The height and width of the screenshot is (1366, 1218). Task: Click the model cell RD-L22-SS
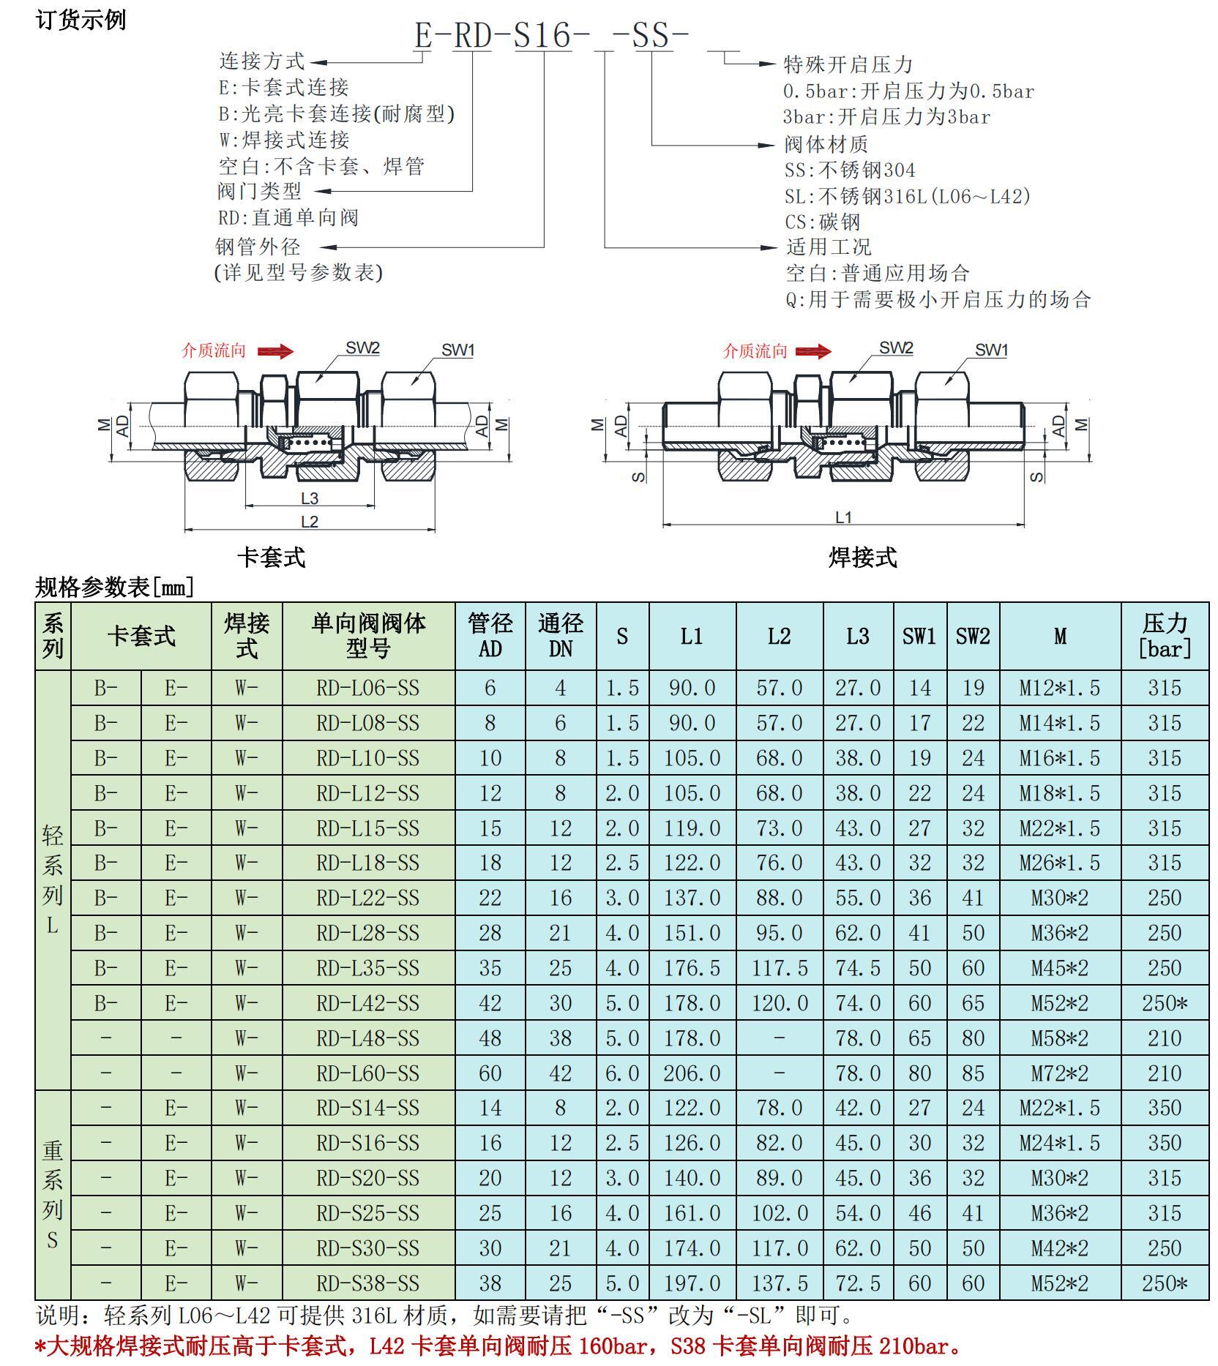(x=367, y=898)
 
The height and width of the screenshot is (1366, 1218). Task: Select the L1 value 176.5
(x=692, y=968)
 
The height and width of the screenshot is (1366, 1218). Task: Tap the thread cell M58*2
(x=1059, y=1038)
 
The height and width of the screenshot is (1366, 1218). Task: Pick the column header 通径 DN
(x=561, y=636)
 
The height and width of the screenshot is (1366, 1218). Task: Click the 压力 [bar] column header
(x=1165, y=636)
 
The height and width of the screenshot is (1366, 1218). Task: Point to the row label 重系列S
(x=52, y=1195)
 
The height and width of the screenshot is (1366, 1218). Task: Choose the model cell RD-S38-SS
(x=367, y=1283)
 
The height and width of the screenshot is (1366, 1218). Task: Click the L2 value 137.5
(x=780, y=1283)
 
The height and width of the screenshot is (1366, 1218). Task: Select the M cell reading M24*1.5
(x=1059, y=1143)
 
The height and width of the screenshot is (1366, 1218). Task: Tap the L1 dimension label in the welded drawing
(x=843, y=517)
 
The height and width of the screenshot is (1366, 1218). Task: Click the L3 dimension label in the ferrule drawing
(x=310, y=498)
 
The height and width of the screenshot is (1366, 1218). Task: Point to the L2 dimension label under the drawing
(x=310, y=522)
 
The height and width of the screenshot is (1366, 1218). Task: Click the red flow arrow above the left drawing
(x=275, y=352)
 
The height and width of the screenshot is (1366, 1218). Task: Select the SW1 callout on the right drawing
(x=991, y=350)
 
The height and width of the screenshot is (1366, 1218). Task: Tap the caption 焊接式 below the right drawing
(x=863, y=558)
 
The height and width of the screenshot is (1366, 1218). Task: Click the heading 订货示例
(x=81, y=19)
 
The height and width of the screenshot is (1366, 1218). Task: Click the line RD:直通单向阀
(x=288, y=217)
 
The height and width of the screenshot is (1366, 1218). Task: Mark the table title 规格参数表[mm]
(x=115, y=587)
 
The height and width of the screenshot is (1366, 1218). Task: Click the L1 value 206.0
(x=692, y=1073)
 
